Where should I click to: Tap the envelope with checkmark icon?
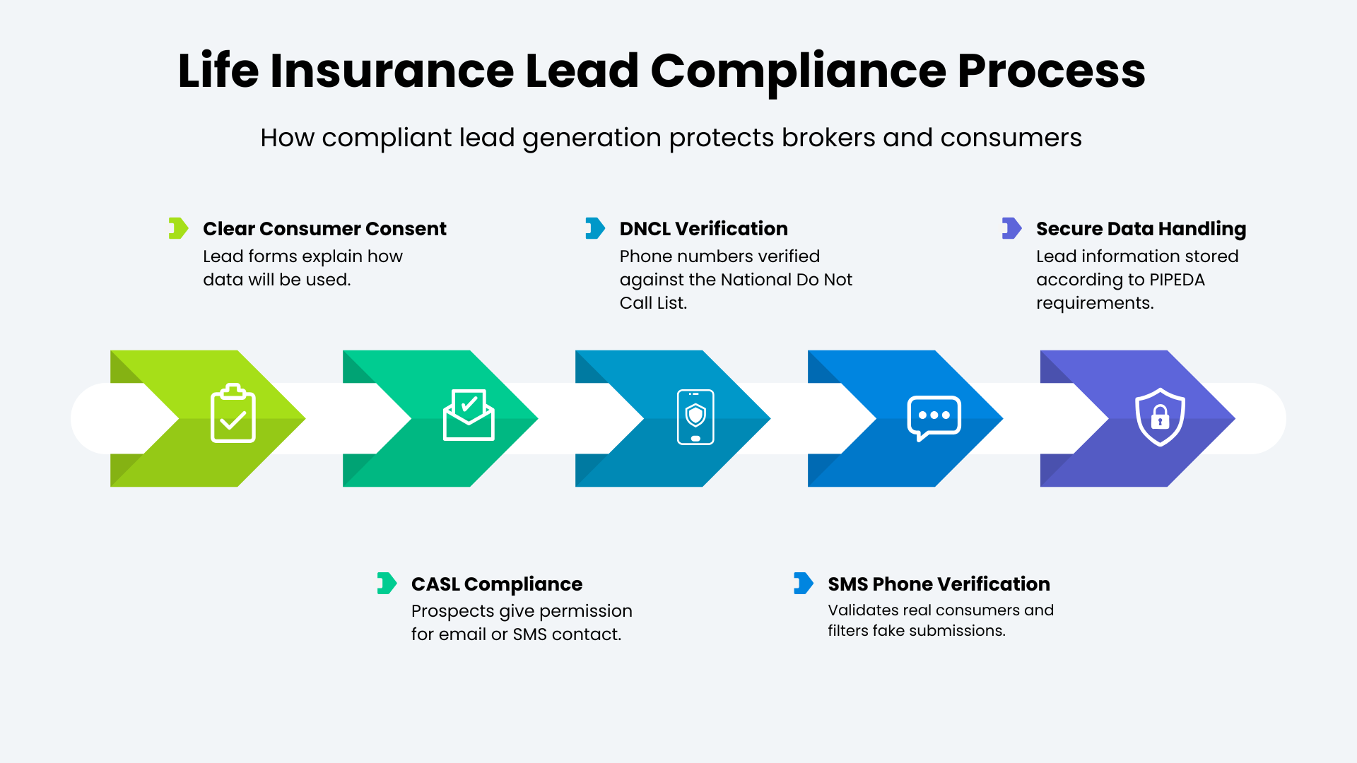coord(469,415)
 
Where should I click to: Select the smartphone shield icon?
coord(695,417)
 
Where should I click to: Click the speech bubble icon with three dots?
coord(934,418)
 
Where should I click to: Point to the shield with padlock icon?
coord(1160,417)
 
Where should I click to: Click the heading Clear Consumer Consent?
coord(324,229)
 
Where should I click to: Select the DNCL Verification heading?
coord(703,229)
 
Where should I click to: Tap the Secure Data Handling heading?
coord(1141,229)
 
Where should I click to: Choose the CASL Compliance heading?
coord(496,584)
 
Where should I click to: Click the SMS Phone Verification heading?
coord(939,584)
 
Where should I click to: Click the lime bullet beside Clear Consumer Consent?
coord(178,228)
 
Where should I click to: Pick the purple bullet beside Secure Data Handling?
coord(1011,228)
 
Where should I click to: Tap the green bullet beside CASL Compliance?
coord(387,584)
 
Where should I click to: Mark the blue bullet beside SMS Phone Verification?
coord(803,584)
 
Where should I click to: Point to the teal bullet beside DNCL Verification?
coord(595,228)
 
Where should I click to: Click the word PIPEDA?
coord(1177,280)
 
